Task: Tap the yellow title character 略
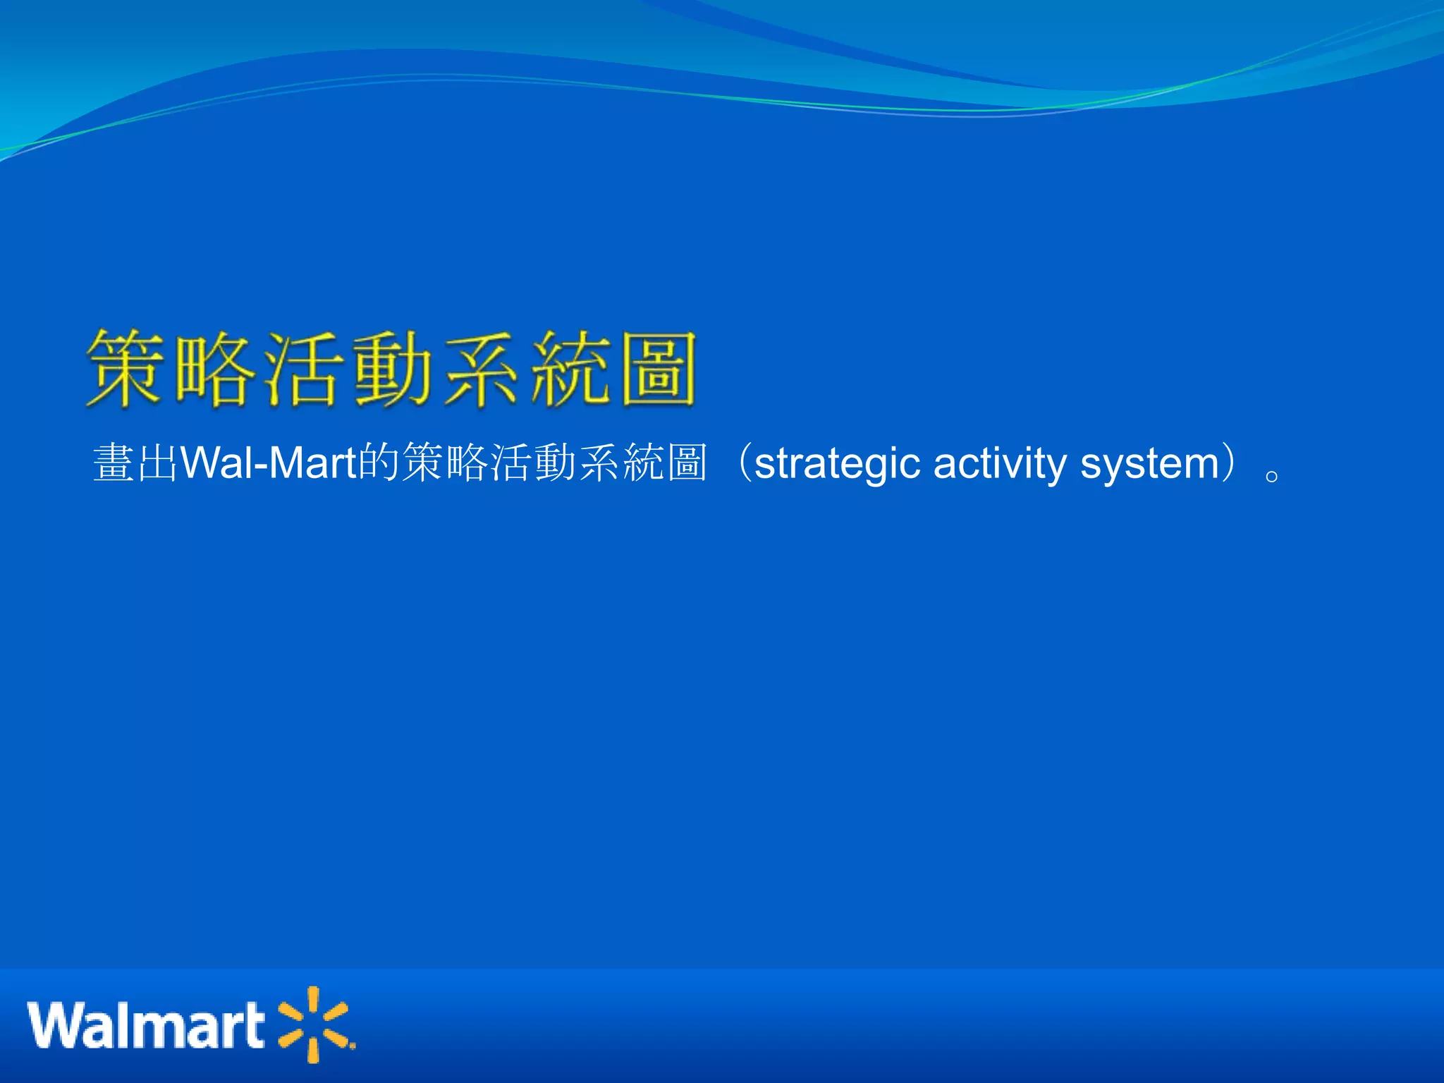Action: tap(216, 369)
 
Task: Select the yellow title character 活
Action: tap(305, 369)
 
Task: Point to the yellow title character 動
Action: tap(393, 369)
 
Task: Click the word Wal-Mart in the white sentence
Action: tap(269, 463)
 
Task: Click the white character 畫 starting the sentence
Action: tap(114, 463)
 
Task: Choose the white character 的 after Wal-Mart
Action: tap(379, 463)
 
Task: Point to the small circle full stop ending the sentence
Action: tap(1272, 477)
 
